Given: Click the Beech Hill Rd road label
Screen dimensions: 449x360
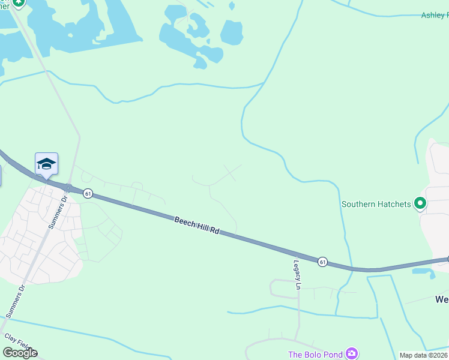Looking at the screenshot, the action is (197, 226).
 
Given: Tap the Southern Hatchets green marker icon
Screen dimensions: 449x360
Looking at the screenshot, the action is (421, 204).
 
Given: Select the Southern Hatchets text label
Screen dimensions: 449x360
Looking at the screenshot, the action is (376, 204).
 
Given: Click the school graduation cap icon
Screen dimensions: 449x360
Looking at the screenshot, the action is (46, 164).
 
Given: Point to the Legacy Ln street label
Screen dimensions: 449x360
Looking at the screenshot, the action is (297, 274).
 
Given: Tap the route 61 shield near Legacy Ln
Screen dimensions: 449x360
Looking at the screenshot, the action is (322, 262).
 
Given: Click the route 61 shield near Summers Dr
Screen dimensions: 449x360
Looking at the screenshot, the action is (88, 193).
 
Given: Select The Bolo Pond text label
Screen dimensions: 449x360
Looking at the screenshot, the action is (316, 355).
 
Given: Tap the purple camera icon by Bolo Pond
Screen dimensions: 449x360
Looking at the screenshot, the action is (352, 354).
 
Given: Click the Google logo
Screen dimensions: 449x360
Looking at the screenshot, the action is (20, 353).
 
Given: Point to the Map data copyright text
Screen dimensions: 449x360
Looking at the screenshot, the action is (424, 355).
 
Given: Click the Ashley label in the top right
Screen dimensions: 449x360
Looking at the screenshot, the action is (435, 15).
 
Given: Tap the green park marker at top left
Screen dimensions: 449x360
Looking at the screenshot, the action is (18, 3).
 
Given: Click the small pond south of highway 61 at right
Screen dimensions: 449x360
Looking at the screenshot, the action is (424, 273).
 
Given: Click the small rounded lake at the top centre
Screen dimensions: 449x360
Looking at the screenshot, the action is (231, 32).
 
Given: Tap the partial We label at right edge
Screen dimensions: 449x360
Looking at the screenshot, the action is (441, 298).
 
